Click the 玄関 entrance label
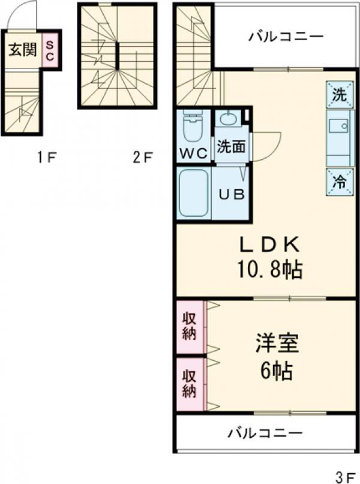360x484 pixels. click(20, 49)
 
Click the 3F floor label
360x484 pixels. click(345, 478)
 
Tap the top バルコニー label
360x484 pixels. click(286, 37)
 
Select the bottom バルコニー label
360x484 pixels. click(265, 432)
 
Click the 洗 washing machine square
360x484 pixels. click(339, 94)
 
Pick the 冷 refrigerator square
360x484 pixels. click(339, 182)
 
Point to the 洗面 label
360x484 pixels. click(230, 148)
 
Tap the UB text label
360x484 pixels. click(230, 195)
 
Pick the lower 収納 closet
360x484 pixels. click(190, 384)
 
